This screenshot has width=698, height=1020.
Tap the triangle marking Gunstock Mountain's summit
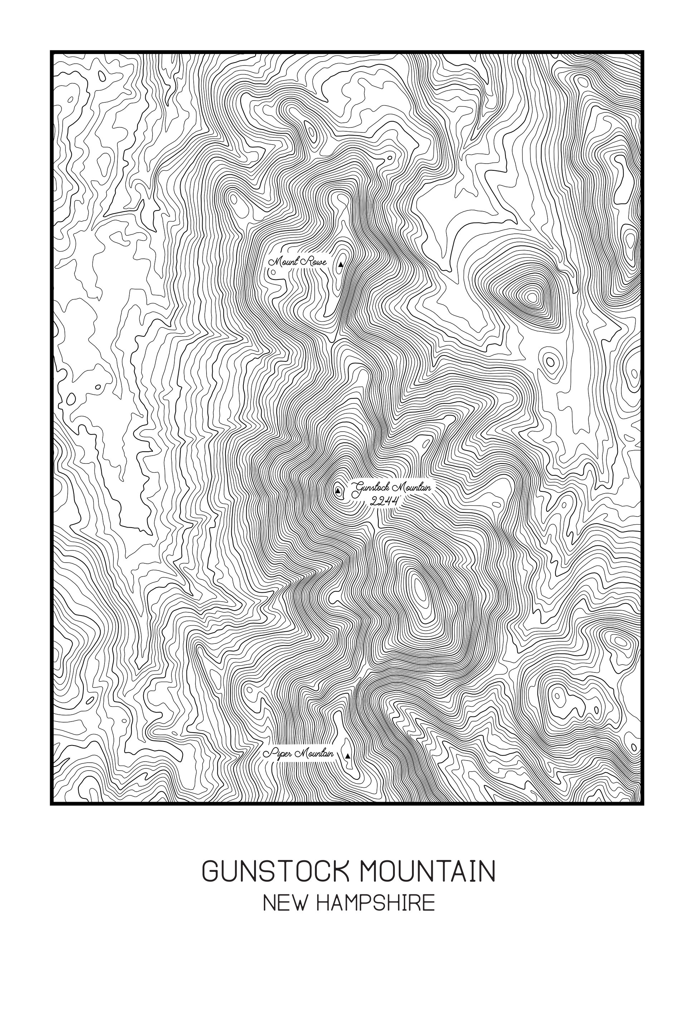pos(338,490)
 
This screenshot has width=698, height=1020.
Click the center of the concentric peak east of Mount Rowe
pos(533,297)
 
